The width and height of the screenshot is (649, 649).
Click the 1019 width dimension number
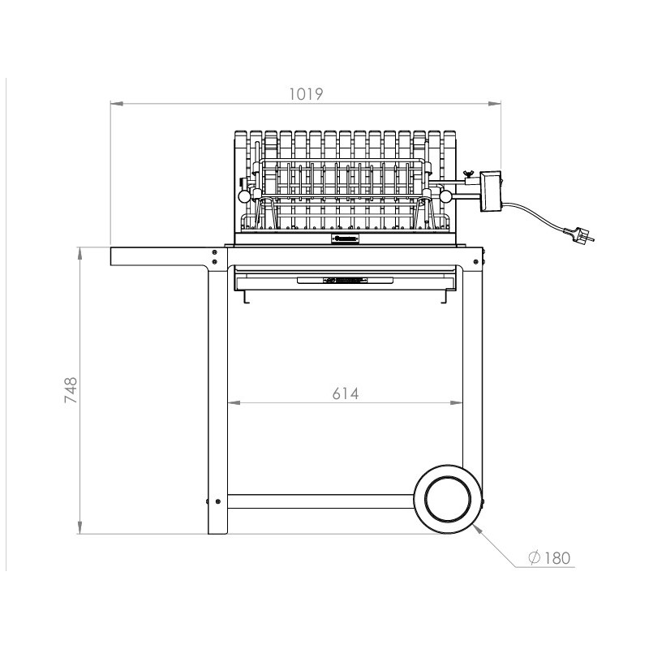(x=306, y=94)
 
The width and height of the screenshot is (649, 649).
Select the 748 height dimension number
(x=71, y=390)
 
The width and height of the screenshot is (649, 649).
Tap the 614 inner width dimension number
(x=346, y=393)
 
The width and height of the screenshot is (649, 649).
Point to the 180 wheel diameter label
(x=557, y=558)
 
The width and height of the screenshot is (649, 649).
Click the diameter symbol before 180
(x=535, y=557)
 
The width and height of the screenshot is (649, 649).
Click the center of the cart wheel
(x=448, y=498)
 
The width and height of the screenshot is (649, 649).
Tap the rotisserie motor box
(x=491, y=191)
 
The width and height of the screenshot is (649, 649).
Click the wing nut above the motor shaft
(x=469, y=174)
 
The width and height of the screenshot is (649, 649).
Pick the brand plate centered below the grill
(x=346, y=239)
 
